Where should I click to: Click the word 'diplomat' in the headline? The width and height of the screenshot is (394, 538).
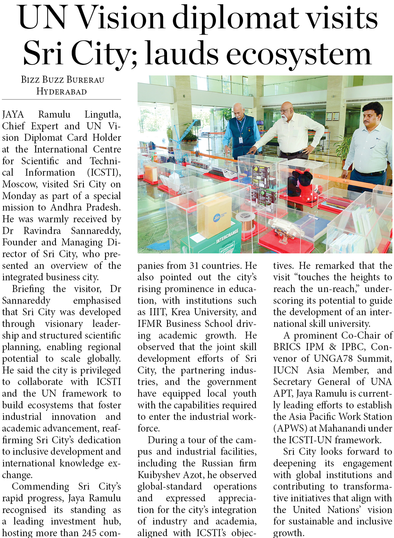(235, 18)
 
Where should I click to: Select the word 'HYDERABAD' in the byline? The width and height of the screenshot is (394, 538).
(61, 92)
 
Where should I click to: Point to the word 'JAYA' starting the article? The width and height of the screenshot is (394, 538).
(13, 114)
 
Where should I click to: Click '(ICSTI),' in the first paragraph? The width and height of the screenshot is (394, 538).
(104, 172)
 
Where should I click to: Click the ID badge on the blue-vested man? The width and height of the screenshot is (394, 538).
(241, 140)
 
